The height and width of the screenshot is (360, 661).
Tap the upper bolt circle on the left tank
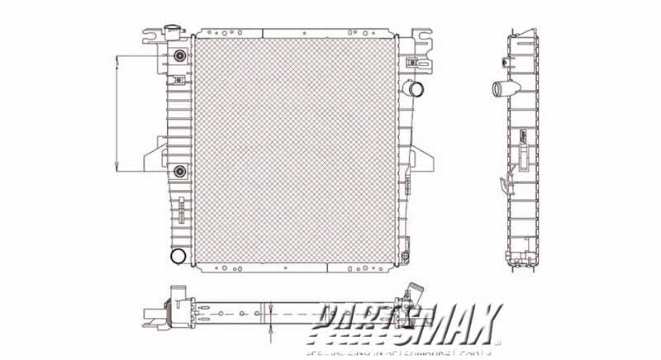coord(178,56)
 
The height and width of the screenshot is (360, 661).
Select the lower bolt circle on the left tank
coord(178,171)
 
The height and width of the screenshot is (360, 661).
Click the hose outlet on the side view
coord(499,88)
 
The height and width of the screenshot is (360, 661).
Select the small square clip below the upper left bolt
coord(179,80)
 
